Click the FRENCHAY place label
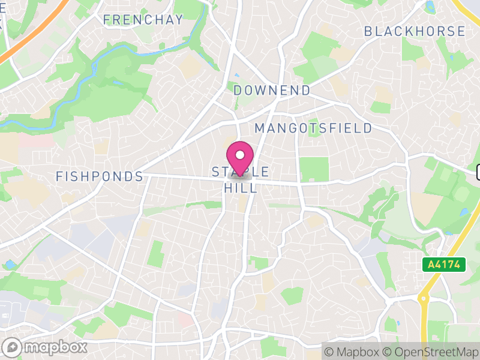(143, 20)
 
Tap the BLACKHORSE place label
(415, 31)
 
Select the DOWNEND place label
(272, 91)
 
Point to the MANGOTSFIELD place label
(313, 128)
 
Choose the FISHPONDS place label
(99, 176)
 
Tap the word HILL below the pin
(241, 188)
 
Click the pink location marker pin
(240, 157)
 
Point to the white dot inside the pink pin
(240, 154)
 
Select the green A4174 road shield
(443, 264)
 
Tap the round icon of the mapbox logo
(13, 347)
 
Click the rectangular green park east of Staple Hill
(314, 169)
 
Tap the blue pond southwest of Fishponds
(10, 265)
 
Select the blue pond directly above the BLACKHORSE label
(429, 8)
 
